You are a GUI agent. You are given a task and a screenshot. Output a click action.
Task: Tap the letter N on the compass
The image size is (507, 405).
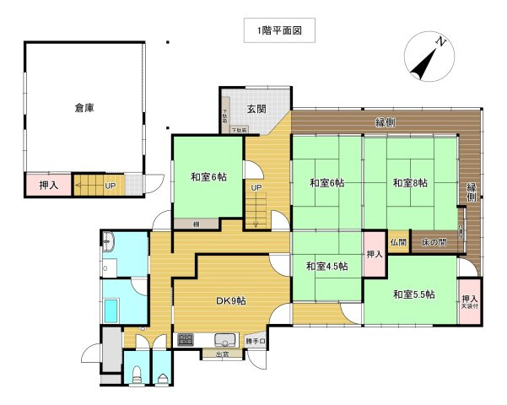[x=440, y=40]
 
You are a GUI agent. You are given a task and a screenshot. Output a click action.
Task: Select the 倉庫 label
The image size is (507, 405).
[x=84, y=107]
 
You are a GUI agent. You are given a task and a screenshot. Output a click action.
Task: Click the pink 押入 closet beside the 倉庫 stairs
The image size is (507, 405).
[x=37, y=184]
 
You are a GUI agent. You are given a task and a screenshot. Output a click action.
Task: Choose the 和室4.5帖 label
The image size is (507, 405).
[x=327, y=267]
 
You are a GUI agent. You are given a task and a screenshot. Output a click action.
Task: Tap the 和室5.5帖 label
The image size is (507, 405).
[x=413, y=294]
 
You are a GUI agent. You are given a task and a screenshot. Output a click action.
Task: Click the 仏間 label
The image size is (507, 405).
[x=398, y=242]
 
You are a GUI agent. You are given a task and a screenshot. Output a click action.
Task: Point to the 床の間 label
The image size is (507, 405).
[x=434, y=242]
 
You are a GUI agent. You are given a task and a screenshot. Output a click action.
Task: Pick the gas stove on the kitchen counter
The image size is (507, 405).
[x=186, y=340]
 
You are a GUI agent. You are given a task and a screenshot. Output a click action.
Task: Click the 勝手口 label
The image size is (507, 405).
[x=256, y=342]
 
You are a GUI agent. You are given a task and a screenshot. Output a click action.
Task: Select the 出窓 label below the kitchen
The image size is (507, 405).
[x=223, y=354]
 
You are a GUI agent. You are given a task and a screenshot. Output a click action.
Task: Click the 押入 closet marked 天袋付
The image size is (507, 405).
[x=470, y=300]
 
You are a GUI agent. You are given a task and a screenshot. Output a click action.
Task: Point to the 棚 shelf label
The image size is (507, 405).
[x=196, y=224]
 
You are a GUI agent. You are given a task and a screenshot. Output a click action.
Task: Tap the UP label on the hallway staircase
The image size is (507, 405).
[x=256, y=187]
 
